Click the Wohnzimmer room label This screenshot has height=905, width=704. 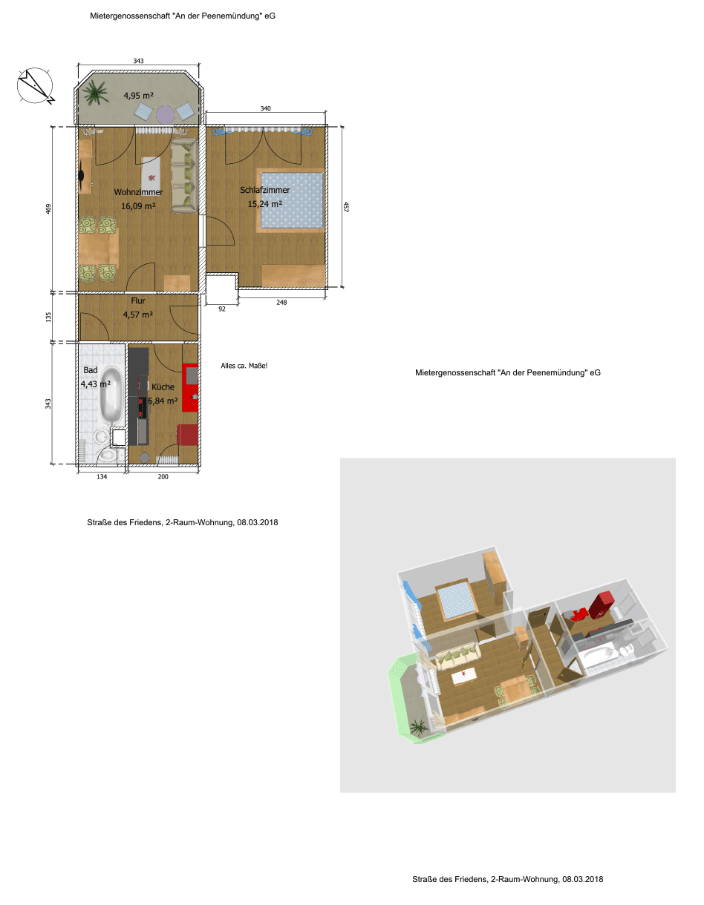click(x=138, y=192)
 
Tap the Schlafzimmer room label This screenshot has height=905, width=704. click(x=264, y=190)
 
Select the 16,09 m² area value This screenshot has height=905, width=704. click(x=138, y=205)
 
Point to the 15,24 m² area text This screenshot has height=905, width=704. click(x=264, y=204)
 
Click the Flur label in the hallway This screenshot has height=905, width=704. click(x=138, y=300)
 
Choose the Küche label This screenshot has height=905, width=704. click(x=163, y=387)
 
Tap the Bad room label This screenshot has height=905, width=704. click(x=91, y=370)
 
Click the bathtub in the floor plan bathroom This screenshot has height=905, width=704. click(x=111, y=395)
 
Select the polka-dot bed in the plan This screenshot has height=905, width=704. click(x=290, y=200)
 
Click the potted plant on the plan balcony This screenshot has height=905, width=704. click(x=96, y=93)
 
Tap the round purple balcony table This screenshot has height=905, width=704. click(x=165, y=113)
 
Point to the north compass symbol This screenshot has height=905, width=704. click(x=36, y=86)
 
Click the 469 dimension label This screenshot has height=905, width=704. click(x=48, y=209)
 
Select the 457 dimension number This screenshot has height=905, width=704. click(x=345, y=207)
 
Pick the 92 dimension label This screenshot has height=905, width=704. click(x=222, y=309)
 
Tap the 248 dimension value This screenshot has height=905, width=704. click(x=281, y=303)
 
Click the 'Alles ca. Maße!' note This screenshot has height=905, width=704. click(x=244, y=366)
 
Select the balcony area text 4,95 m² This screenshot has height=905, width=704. click(x=138, y=96)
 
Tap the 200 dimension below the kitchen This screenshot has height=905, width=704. click(x=163, y=476)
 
